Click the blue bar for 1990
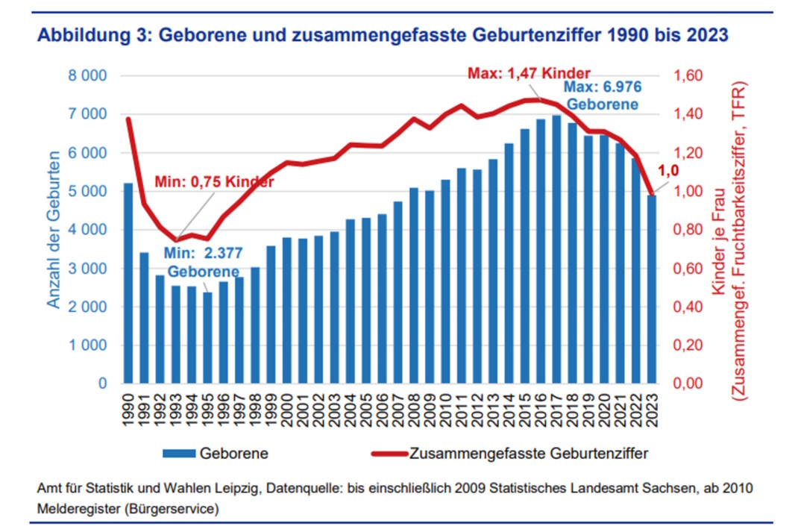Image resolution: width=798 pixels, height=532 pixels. pyautogui.click(x=128, y=284)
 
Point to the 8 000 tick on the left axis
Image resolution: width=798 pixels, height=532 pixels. pyautogui.click(x=89, y=76)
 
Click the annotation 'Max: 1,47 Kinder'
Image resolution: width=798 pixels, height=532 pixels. pyautogui.click(x=529, y=73)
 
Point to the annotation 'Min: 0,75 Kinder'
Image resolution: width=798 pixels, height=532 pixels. pyautogui.click(x=214, y=181)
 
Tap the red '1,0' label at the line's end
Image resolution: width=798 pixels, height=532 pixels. pyautogui.click(x=668, y=171)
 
